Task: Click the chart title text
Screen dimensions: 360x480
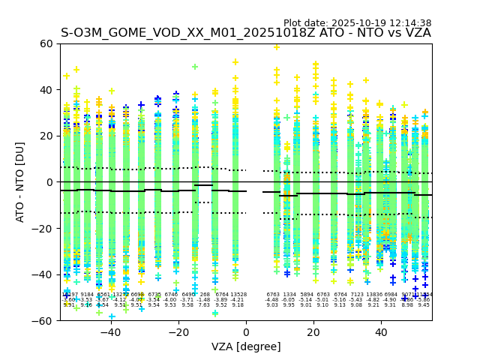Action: coord(246,33)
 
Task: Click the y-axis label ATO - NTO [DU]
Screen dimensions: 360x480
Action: coord(20,182)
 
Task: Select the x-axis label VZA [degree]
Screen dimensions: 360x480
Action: coord(246,346)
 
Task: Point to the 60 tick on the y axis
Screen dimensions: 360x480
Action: coord(46,43)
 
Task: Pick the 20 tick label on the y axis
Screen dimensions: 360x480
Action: coord(46,136)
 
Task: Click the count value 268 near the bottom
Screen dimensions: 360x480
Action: coord(205,295)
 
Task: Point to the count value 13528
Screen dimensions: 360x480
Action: coord(238,295)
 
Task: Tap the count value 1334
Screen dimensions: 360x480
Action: coord(289,295)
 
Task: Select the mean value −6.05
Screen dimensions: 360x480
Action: coord(289,300)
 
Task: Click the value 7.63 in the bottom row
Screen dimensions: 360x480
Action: coord(204,305)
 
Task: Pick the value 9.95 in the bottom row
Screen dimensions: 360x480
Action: coord(289,305)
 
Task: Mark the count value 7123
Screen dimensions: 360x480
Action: coord(357,295)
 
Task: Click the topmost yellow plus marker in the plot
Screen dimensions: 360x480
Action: coord(277,46)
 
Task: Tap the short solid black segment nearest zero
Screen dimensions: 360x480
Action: coord(203,184)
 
